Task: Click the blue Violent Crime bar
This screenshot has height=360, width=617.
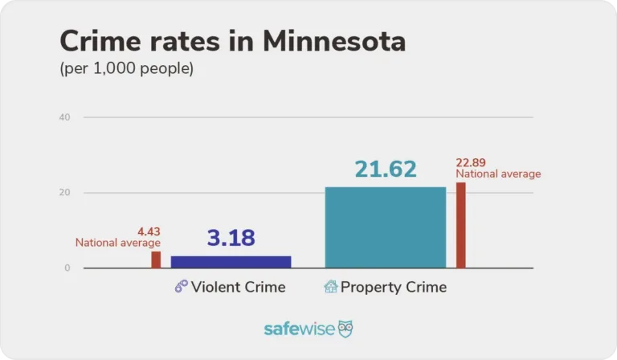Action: (231, 262)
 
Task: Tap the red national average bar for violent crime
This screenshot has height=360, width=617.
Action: (156, 260)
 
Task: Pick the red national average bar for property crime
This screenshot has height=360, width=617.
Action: (461, 225)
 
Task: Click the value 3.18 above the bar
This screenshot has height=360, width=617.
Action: (231, 239)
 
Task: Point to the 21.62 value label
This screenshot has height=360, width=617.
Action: (386, 170)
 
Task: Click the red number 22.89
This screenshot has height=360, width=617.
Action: (472, 163)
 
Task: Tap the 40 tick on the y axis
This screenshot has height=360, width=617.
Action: (64, 117)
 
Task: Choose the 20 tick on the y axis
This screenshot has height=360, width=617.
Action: (64, 193)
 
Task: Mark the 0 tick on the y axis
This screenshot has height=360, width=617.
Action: (67, 268)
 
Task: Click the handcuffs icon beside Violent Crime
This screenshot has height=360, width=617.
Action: (182, 287)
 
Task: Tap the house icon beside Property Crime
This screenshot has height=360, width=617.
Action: (330, 287)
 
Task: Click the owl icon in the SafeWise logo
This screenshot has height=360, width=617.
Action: (345, 329)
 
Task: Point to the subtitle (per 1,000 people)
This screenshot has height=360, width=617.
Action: (126, 69)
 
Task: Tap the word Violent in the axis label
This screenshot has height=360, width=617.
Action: (214, 287)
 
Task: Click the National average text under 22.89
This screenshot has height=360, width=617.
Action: (498, 174)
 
